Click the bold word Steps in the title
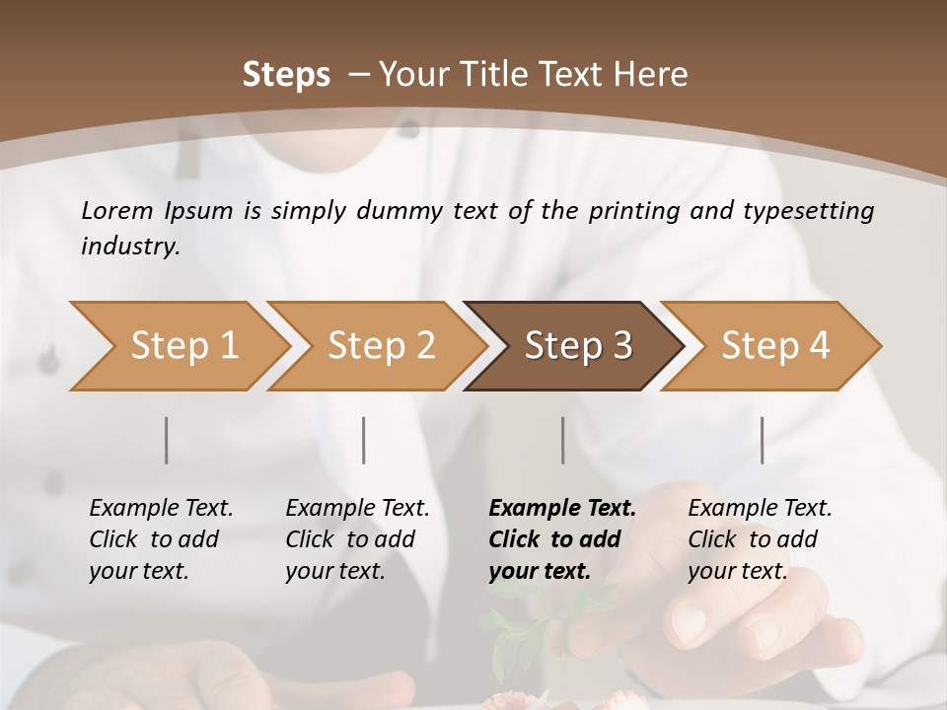286,75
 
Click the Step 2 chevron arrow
375,346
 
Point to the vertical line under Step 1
167,440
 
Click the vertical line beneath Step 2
364,440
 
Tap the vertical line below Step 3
562,440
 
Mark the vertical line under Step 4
762,440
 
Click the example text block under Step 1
160,539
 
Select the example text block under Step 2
356,539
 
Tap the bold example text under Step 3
561,539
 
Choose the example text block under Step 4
759,539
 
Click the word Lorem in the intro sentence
117,211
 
